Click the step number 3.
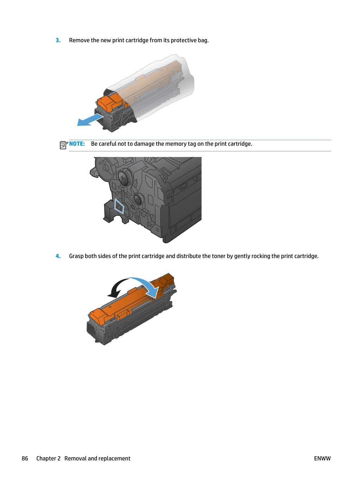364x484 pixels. [58, 40]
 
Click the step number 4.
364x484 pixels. [58, 256]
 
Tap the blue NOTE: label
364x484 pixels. [77, 144]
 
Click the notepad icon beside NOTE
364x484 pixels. [64, 145]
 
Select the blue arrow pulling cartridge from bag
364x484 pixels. [90, 120]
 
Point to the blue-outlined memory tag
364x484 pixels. [119, 206]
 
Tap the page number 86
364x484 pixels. [25, 458]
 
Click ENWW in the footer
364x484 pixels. [322, 458]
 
